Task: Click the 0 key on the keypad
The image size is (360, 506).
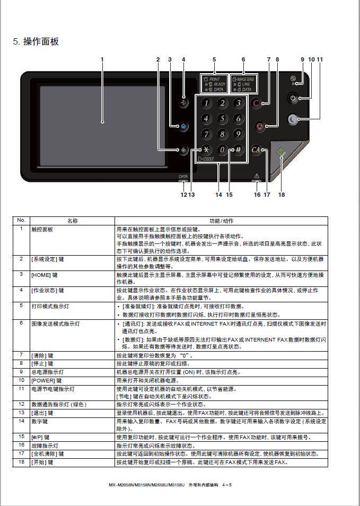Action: pos(222,150)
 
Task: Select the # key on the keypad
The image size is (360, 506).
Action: pos(238,150)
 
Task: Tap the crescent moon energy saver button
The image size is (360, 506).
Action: pos(293,119)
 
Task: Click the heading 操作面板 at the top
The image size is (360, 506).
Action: pos(41,41)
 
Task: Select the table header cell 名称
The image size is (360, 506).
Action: pos(72,221)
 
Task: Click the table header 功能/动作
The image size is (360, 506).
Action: pos(221,221)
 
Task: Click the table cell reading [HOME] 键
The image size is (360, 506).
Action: pos(48,275)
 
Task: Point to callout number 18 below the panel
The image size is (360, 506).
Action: pos(282,195)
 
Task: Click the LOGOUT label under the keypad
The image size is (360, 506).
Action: pos(207,159)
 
